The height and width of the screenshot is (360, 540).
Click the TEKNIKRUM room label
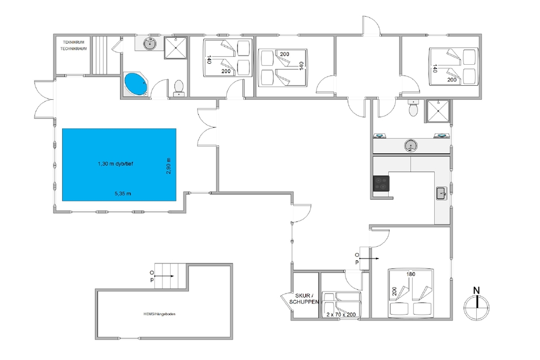73,42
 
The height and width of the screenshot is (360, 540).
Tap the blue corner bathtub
136,84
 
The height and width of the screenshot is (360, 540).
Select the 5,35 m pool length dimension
123,193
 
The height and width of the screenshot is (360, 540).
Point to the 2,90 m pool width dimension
168,166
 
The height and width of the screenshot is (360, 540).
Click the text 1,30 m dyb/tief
116,164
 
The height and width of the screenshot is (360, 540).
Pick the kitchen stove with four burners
381,183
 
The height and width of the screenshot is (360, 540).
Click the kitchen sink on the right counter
442,193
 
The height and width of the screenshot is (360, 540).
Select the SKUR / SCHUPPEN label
304,298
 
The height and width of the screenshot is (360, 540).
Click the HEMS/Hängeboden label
159,314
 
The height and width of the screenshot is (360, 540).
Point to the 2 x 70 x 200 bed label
341,315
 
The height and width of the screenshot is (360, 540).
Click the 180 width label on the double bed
411,274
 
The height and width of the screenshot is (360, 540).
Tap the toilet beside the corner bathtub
179,89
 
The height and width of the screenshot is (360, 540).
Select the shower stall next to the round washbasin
175,48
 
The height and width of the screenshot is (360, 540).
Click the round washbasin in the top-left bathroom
150,44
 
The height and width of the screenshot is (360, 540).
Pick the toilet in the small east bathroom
413,108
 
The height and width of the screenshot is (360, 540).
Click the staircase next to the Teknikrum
100,55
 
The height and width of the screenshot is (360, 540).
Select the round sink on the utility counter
410,145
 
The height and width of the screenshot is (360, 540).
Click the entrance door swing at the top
372,25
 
